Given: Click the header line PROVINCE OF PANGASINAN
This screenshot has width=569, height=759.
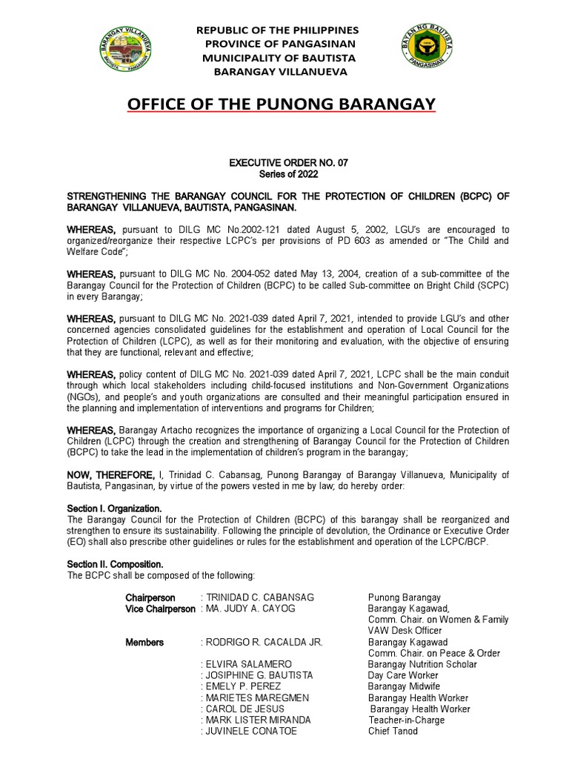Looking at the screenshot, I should (276, 44).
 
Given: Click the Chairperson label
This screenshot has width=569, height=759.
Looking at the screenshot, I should (150, 597).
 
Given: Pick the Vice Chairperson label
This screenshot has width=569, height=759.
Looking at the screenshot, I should (161, 609).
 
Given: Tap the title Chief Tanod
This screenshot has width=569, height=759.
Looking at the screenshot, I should (393, 732).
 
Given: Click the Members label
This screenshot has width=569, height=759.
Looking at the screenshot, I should (144, 642).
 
